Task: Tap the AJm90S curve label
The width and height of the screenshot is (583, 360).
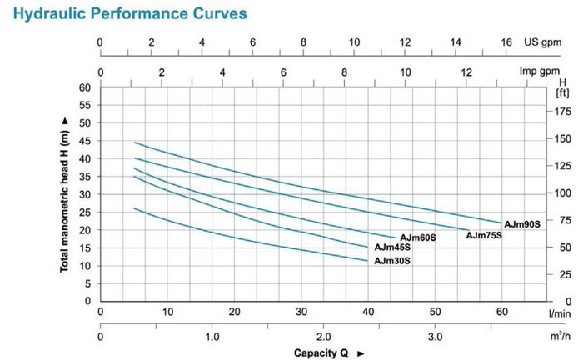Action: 522,223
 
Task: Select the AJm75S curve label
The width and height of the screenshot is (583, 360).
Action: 484,236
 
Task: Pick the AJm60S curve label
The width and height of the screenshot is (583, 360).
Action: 418,238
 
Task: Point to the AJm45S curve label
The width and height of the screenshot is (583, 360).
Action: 392,247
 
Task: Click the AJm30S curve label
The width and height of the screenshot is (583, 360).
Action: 392,261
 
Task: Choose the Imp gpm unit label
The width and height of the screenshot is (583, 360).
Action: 540,72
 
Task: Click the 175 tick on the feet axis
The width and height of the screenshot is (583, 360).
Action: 563,111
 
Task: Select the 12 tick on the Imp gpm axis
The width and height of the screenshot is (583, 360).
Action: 466,72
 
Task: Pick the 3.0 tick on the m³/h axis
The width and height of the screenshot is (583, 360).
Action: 435,337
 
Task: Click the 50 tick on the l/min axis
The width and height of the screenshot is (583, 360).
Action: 435,312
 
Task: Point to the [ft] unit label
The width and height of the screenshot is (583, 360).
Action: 563,92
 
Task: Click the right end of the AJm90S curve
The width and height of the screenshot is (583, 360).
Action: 502,222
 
